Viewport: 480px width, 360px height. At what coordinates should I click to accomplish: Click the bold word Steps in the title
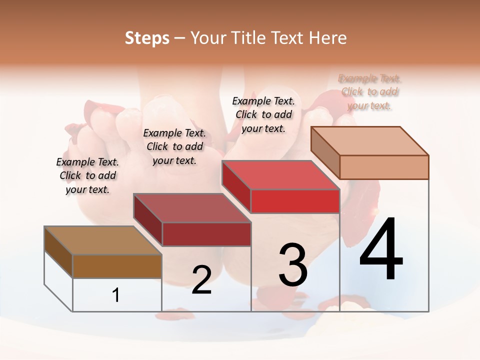pyautogui.click(x=147, y=38)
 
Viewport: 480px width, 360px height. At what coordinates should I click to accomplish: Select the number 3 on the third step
pyautogui.click(x=293, y=265)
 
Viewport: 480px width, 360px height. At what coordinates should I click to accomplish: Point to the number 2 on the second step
pyautogui.click(x=201, y=280)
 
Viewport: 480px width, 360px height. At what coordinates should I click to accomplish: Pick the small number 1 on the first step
pyautogui.click(x=116, y=295)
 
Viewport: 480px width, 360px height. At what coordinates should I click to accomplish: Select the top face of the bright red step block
pyautogui.click(x=281, y=175)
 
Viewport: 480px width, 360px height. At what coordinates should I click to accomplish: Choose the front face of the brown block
pyautogui.click(x=117, y=266)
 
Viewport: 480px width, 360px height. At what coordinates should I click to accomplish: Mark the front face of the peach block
pyautogui.click(x=384, y=167)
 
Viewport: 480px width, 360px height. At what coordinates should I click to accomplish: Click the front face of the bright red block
pyautogui.click(x=295, y=201)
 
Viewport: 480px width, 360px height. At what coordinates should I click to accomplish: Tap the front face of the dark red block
pyautogui.click(x=206, y=234)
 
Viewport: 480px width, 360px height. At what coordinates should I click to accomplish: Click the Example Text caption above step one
pyautogui.click(x=87, y=175)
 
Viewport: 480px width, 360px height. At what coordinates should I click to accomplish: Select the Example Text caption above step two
pyautogui.click(x=174, y=146)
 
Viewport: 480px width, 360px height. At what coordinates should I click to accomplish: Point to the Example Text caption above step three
pyautogui.click(x=263, y=114)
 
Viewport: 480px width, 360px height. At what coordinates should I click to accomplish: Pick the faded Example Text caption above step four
pyautogui.click(x=369, y=92)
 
